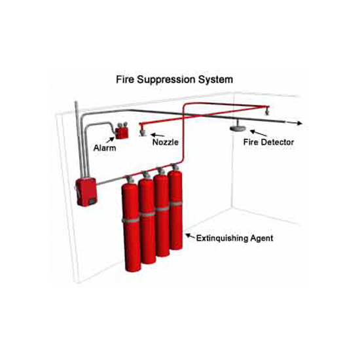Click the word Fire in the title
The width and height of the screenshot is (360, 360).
coord(125,79)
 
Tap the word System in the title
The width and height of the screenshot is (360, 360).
coord(215,80)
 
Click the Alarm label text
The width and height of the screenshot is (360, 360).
coord(105,148)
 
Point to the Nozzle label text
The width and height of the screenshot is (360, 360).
coord(166,142)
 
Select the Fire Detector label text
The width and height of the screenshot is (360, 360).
coord(268,142)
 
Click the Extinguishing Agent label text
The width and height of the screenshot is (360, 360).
coord(234,238)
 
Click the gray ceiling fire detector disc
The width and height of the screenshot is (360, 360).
coord(238,128)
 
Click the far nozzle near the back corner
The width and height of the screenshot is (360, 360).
coord(267,112)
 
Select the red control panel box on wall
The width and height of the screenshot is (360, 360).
coord(86,192)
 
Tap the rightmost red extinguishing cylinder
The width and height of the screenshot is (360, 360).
coord(175,209)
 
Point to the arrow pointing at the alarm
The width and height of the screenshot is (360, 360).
coord(110,140)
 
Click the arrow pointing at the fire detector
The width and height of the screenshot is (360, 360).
coord(259,133)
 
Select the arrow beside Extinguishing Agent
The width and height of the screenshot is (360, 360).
coord(190,236)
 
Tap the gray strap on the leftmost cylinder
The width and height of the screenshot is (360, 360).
coord(131,220)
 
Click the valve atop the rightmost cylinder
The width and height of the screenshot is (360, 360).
coord(175,167)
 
